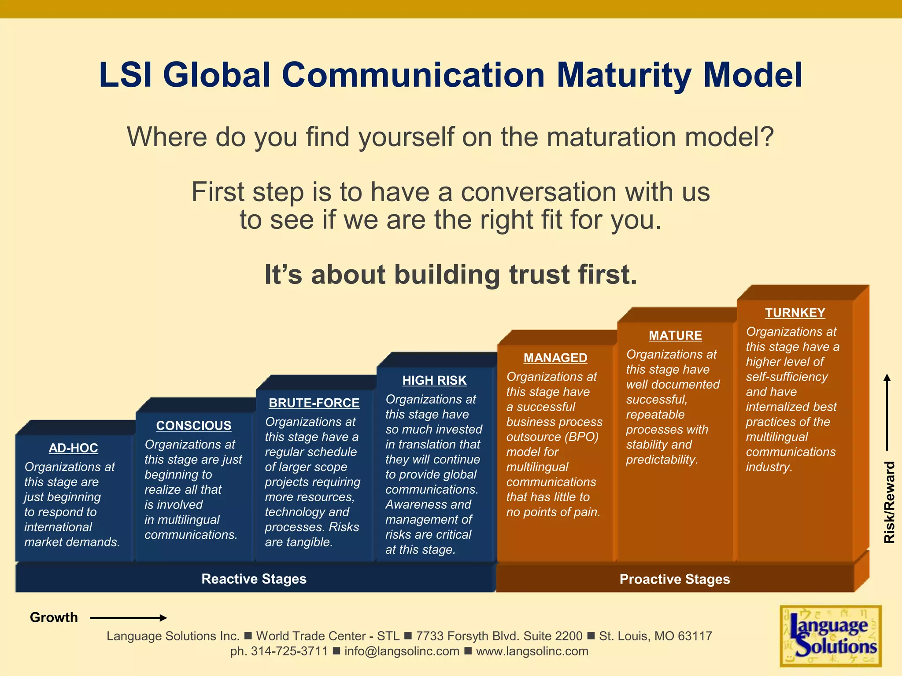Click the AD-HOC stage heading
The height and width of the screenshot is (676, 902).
(73, 448)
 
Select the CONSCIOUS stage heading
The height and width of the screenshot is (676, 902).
(193, 426)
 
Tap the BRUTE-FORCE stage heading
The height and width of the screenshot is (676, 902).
(314, 403)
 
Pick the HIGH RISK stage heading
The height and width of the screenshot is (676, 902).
(434, 380)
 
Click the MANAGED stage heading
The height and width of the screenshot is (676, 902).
(555, 358)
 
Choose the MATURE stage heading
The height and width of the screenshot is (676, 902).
(675, 335)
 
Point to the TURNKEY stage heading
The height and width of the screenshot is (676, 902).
(795, 312)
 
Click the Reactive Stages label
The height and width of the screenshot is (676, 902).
(254, 579)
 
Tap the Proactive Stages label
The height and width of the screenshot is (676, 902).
(674, 579)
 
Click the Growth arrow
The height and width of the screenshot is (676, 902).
(128, 618)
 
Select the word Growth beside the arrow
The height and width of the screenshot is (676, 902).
(54, 617)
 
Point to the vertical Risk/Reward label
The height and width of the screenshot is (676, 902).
(889, 502)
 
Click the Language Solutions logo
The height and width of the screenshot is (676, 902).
(831, 636)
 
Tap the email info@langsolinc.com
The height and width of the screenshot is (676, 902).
(402, 651)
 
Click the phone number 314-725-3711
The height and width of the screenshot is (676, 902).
(289, 651)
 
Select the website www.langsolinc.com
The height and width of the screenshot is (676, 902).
(532, 651)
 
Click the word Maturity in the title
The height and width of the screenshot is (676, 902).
(624, 75)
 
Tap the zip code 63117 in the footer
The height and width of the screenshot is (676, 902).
(695, 636)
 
